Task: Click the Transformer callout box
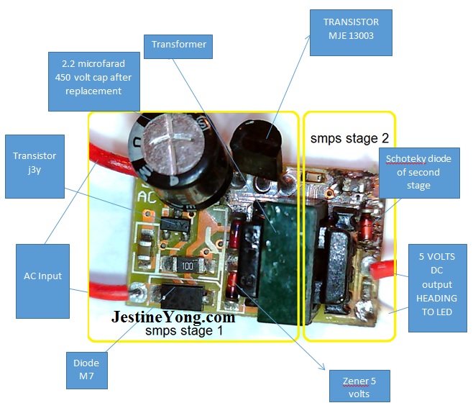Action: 178,45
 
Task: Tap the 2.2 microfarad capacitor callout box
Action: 91,78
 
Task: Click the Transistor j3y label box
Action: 35,166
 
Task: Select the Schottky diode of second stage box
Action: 418,172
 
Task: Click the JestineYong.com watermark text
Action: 173,317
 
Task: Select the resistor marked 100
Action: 186,266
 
